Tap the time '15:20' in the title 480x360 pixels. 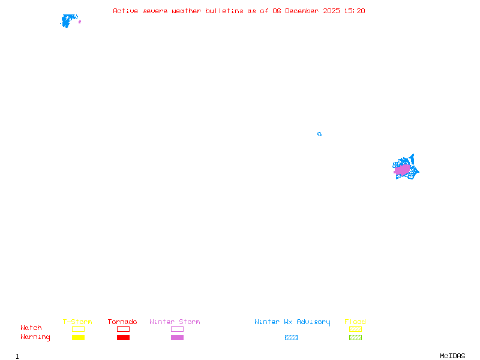click(x=355, y=11)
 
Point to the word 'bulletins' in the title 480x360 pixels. click(x=224, y=11)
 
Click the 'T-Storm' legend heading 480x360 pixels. click(x=77, y=322)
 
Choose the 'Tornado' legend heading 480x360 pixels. click(x=122, y=322)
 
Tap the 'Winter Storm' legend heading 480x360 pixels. click(x=175, y=322)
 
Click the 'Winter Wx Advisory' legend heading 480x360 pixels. click(x=292, y=322)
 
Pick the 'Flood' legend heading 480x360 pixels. click(x=355, y=322)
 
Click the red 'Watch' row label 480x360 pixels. click(x=31, y=328)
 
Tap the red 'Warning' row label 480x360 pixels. click(x=35, y=337)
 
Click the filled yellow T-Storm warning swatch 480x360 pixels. click(x=78, y=338)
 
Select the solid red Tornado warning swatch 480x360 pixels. click(x=123, y=338)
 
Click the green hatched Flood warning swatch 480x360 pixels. click(x=355, y=338)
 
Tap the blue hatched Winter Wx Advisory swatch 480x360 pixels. click(x=291, y=338)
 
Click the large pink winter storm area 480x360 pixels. click(x=402, y=170)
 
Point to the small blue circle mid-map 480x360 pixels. click(x=319, y=134)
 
